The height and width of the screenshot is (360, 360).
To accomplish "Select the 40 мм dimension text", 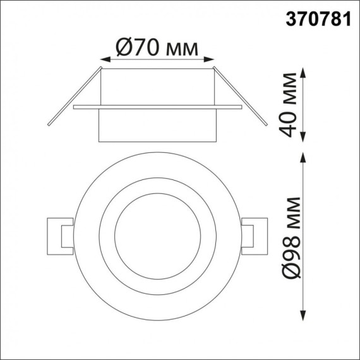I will [x=290, y=105].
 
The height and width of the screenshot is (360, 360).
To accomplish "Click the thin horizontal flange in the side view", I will [x=157, y=108].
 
